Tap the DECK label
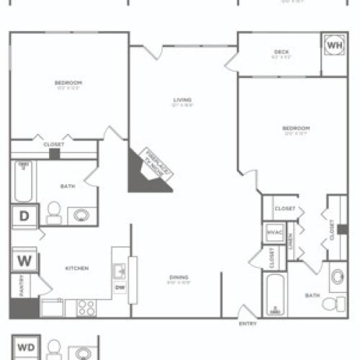point(281,51)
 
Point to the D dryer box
point(24,215)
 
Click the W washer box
point(22,260)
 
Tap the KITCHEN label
point(76,269)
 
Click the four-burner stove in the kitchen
point(86,308)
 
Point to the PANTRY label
point(22,285)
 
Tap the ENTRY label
point(247,323)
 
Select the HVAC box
point(274,233)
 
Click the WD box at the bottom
point(24,344)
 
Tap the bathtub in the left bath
point(22,182)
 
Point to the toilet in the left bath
point(53,212)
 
